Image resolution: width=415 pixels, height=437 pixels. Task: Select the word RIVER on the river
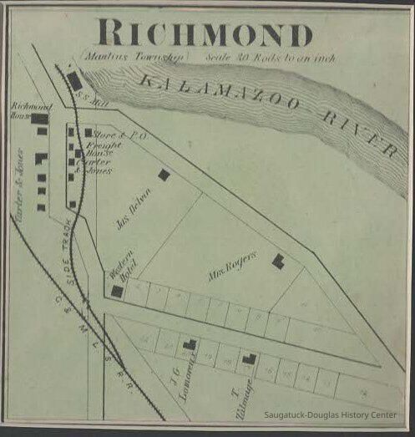(357, 134)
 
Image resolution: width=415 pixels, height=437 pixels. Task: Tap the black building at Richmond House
(40, 119)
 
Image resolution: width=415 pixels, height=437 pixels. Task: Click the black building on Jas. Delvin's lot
(164, 175)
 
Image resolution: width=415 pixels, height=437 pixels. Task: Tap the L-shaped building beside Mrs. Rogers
(278, 262)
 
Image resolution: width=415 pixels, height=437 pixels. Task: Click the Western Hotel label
(123, 272)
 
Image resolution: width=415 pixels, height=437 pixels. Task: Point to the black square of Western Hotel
(117, 291)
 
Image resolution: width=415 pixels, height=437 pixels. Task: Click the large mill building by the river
(74, 80)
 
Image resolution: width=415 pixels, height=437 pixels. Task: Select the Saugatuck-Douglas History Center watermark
(335, 415)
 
